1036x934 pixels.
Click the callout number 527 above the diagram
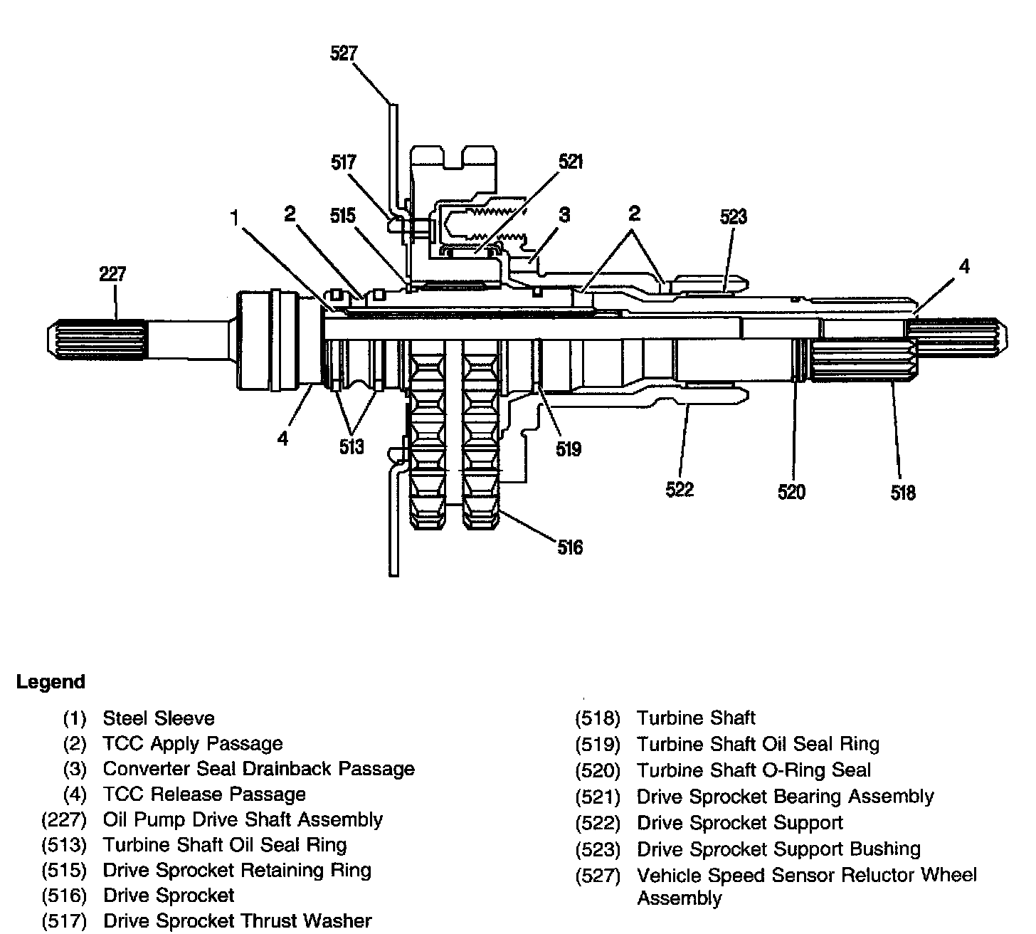click(x=344, y=53)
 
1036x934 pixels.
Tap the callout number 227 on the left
click(x=113, y=274)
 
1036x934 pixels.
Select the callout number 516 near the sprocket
click(x=570, y=547)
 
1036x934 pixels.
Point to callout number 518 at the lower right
click(x=903, y=492)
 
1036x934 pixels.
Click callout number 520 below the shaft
click(x=791, y=492)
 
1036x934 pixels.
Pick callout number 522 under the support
click(x=680, y=489)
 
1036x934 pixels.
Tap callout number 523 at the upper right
click(x=733, y=216)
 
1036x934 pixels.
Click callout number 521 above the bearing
click(x=571, y=162)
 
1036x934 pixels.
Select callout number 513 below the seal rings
click(x=351, y=446)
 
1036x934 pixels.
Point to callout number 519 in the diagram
click(x=569, y=448)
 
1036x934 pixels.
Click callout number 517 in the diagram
click(x=344, y=162)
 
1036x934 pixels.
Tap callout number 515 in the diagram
click(x=342, y=215)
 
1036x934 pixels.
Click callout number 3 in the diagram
click(x=564, y=214)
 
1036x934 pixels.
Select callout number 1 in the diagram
click(x=234, y=217)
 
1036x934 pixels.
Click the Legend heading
click(x=51, y=682)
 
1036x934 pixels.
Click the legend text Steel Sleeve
click(x=159, y=718)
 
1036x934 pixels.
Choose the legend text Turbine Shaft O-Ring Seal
click(x=754, y=770)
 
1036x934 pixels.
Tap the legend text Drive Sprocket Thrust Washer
click(x=237, y=921)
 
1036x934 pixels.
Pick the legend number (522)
click(x=598, y=824)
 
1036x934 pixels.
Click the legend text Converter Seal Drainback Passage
click(x=258, y=769)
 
